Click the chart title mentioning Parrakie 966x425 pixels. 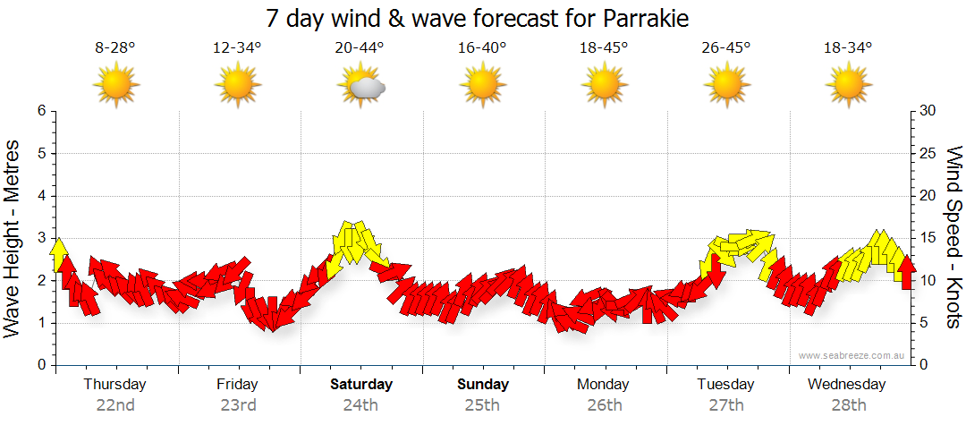(479, 19)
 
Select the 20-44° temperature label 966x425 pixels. (360, 48)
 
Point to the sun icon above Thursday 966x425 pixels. (116, 86)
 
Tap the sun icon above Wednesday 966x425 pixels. (847, 86)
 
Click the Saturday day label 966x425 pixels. (360, 385)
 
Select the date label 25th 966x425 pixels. (482, 404)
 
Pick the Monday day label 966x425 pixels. (603, 385)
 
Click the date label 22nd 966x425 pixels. (115, 404)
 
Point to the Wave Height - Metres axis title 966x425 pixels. (13, 238)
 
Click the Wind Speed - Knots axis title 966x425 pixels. (953, 238)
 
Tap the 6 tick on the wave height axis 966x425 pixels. (40, 111)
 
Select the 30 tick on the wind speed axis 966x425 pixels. (928, 111)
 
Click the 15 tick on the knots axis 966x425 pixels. (928, 238)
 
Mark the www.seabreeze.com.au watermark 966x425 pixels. (852, 355)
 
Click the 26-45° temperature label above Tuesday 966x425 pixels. (726, 48)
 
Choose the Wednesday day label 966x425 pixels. (846, 385)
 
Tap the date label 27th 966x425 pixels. (726, 404)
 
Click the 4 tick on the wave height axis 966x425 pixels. (40, 196)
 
